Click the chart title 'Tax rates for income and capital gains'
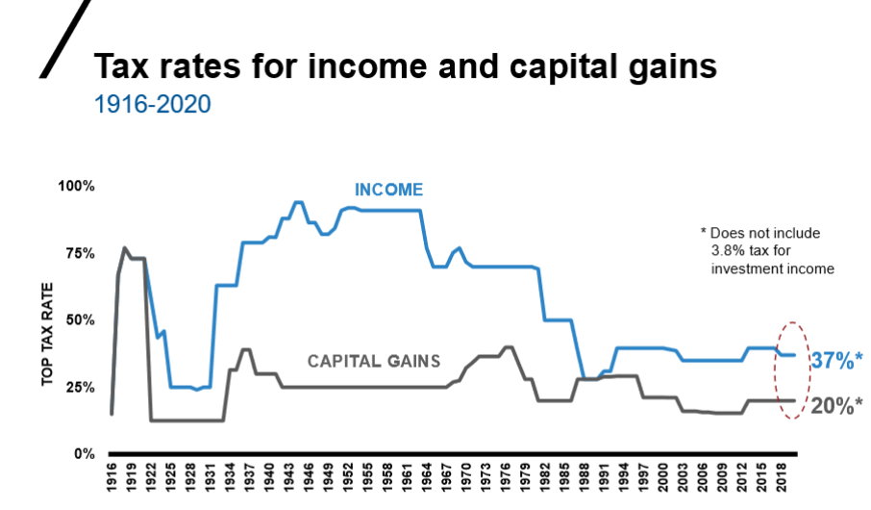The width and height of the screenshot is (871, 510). pyautogui.click(x=404, y=66)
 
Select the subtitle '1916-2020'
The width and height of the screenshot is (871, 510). pyautogui.click(x=152, y=102)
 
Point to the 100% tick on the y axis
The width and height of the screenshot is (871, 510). pyautogui.click(x=79, y=186)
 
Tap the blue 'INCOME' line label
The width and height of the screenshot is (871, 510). pyautogui.click(x=388, y=189)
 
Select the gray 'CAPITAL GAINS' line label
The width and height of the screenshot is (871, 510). pyautogui.click(x=373, y=362)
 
